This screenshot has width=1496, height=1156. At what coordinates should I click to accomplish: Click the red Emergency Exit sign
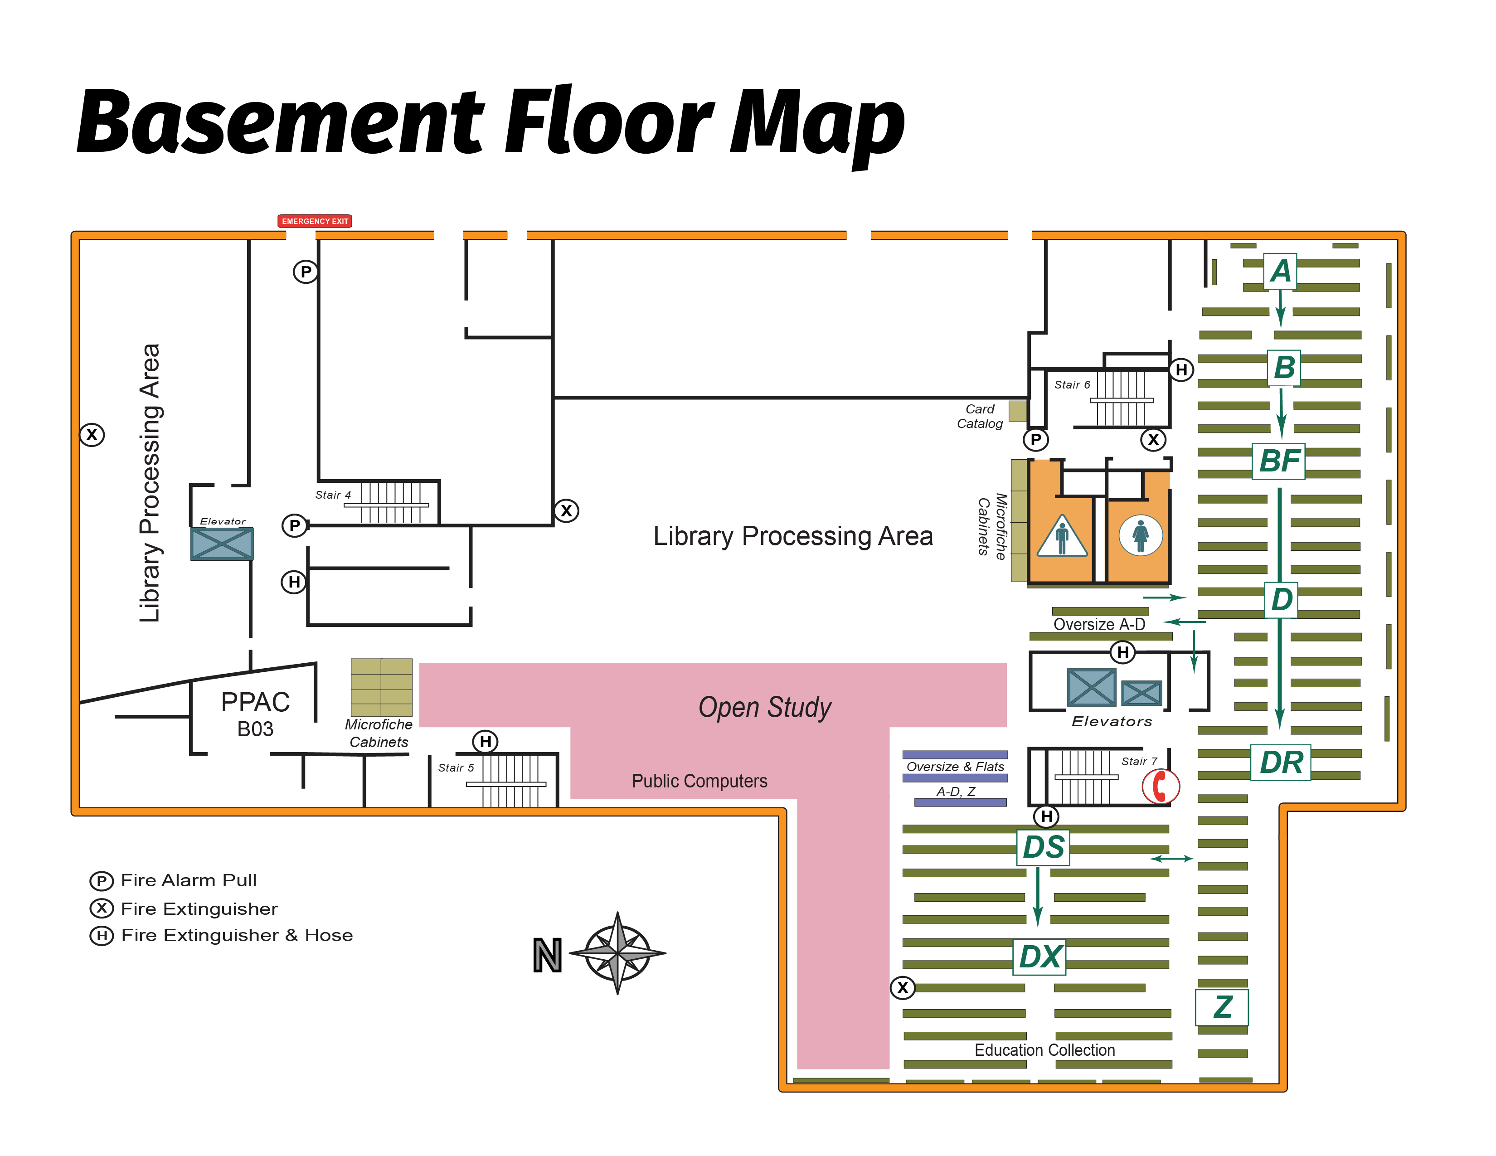tap(315, 220)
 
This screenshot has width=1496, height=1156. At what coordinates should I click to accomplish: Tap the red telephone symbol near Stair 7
tap(1160, 786)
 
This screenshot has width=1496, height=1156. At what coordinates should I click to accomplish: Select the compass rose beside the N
tap(617, 952)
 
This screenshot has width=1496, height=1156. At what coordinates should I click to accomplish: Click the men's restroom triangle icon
tap(1062, 537)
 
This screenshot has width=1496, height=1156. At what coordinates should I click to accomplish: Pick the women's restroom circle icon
tap(1141, 535)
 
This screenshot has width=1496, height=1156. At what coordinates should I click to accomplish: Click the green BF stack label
tap(1278, 461)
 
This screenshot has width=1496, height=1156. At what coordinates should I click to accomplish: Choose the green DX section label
tap(1039, 957)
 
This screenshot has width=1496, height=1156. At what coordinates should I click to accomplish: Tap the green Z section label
tap(1222, 1007)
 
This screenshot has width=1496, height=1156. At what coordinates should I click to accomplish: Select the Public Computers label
tap(699, 781)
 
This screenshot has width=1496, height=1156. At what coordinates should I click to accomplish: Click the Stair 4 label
tap(333, 495)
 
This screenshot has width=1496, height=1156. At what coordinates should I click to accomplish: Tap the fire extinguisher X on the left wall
tap(92, 434)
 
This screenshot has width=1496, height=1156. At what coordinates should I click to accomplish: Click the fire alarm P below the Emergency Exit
tap(306, 272)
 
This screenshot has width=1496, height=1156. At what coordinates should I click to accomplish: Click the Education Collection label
tap(1044, 1050)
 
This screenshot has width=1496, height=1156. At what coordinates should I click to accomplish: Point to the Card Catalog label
tap(980, 416)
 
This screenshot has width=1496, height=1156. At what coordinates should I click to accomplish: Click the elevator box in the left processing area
tap(222, 544)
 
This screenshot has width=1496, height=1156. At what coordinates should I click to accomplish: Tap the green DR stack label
tap(1280, 762)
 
